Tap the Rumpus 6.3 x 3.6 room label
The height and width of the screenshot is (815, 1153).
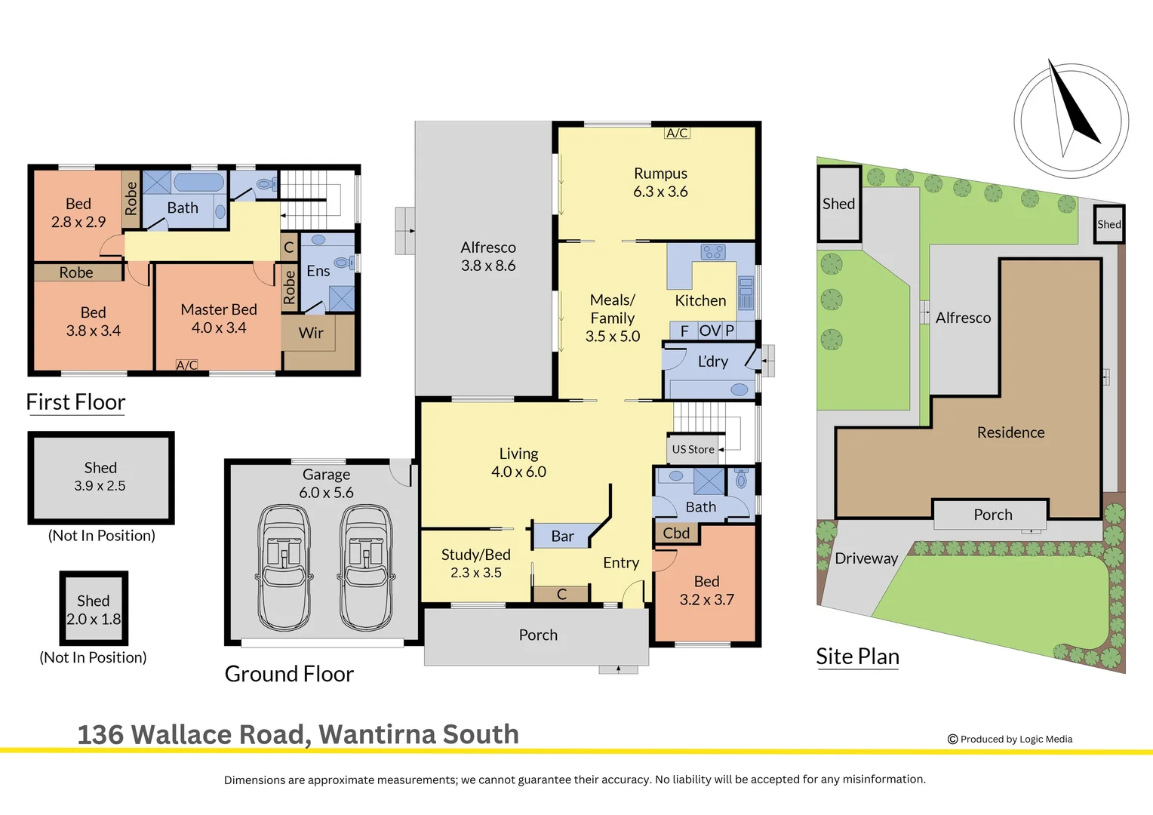(660, 183)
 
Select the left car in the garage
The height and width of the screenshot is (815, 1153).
(284, 567)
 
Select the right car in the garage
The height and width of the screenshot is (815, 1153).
(366, 567)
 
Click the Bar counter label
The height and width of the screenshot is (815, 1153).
(562, 537)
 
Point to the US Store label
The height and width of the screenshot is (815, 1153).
(693, 449)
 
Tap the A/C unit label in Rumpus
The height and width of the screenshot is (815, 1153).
(677, 133)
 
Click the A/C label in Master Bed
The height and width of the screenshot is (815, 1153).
(186, 365)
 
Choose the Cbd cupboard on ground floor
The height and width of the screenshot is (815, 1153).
(676, 534)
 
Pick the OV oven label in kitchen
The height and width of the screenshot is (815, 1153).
(709, 331)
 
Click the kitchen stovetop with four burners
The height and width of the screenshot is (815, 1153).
(712, 252)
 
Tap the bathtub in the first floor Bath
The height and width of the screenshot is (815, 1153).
(198, 183)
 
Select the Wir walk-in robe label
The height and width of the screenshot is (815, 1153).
(311, 333)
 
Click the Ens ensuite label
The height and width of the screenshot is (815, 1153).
(318, 271)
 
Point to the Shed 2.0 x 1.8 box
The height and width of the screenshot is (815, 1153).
(94, 609)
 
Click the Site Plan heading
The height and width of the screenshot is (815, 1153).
(857, 657)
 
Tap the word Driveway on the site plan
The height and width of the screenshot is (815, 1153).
(866, 558)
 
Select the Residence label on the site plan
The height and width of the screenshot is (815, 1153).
(1010, 432)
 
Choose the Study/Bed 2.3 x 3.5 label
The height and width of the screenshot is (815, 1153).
(476, 564)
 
